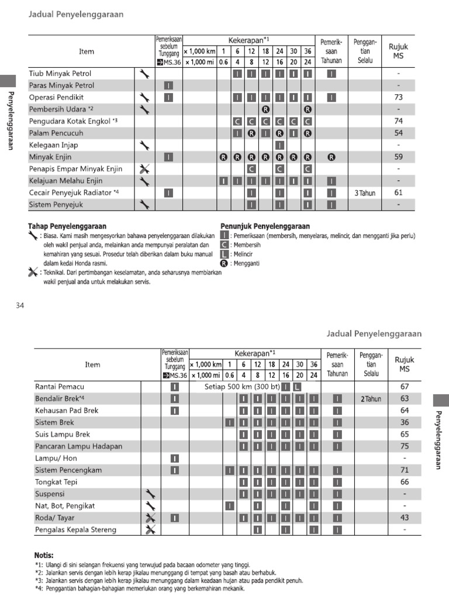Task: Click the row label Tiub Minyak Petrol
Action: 60,74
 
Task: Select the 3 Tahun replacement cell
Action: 364,192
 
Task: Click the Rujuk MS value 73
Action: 398,97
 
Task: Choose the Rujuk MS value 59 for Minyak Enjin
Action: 398,157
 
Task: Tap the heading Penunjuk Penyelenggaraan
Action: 265,226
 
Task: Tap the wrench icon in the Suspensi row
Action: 150,494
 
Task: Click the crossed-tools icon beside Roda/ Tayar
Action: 150,518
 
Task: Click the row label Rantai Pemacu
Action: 60,387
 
